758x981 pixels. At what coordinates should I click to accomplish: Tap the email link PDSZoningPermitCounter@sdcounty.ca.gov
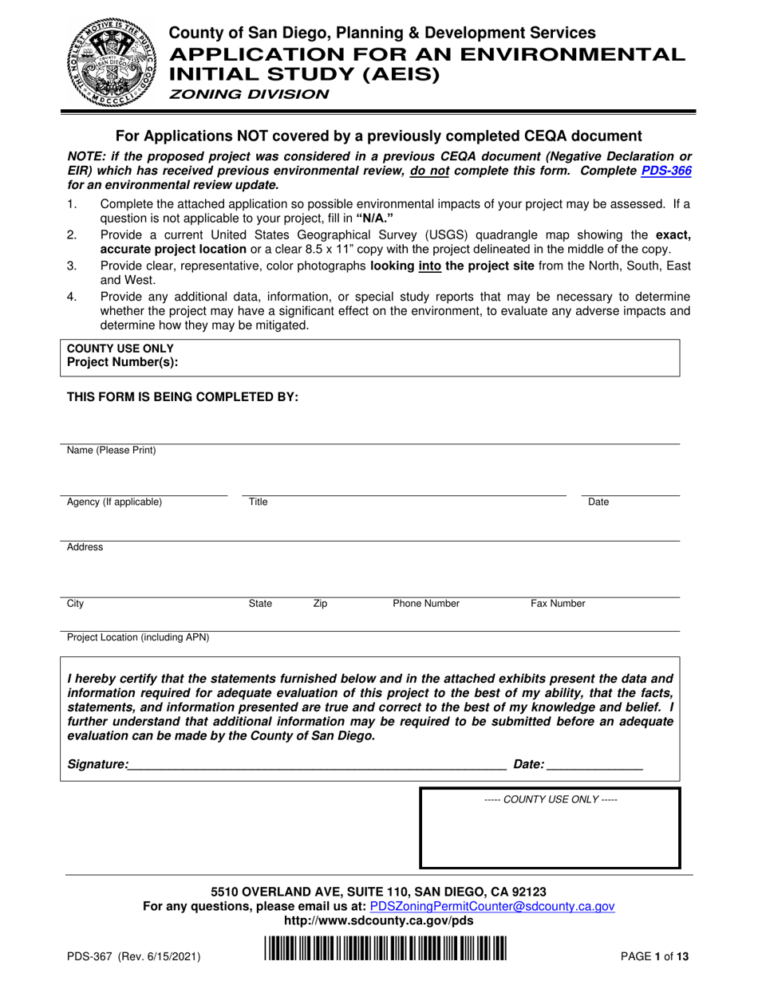(x=492, y=906)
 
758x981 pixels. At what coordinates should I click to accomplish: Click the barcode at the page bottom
(x=385, y=953)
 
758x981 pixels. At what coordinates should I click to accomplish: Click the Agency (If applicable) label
(x=114, y=502)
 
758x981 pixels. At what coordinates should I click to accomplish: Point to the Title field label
(x=258, y=502)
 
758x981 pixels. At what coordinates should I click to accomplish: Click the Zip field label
(x=319, y=604)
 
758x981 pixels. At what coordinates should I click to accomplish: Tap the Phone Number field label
(x=425, y=604)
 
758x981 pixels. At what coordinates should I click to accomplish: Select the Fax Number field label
(x=558, y=604)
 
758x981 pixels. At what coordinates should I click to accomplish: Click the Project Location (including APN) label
(x=138, y=637)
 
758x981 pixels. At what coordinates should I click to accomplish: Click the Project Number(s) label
(x=122, y=362)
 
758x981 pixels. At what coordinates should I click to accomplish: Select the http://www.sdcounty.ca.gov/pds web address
(x=378, y=920)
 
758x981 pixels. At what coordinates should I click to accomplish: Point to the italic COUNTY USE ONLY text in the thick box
(x=551, y=799)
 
